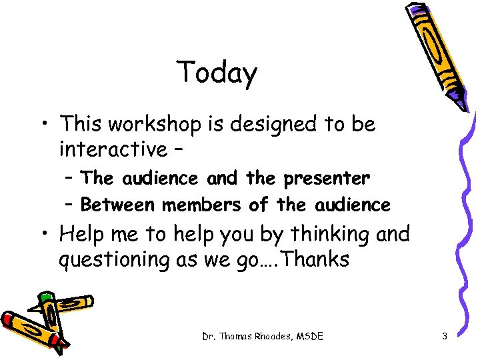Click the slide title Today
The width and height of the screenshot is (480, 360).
click(217, 73)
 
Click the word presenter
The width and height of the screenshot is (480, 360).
click(327, 178)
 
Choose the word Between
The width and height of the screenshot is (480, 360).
click(117, 205)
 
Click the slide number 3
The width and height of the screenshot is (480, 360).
click(444, 337)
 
